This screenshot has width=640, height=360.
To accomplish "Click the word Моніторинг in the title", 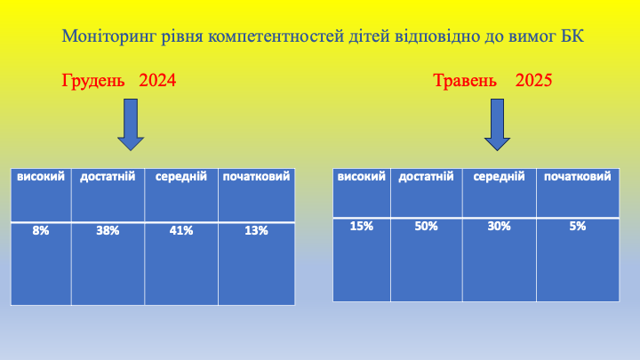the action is tap(109, 36).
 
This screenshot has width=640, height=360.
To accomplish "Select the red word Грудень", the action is tap(93, 81).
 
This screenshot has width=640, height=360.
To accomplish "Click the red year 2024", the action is tap(157, 80).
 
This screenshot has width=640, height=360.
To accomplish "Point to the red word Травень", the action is tap(465, 81).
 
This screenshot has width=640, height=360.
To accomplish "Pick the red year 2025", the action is tap(533, 80).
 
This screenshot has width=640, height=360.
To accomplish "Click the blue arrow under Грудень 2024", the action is tap(131, 124).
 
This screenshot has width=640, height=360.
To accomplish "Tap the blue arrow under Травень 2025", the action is tap(497, 124).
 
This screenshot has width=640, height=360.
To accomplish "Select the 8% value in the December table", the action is tap(41, 230).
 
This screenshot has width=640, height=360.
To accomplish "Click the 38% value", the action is tap(108, 230).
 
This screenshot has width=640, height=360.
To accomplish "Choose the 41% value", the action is tap(181, 230).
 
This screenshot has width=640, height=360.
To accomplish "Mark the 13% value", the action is tap(256, 230).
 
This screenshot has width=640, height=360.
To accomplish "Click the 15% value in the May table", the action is tap(362, 226).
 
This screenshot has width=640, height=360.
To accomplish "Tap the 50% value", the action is tap(426, 226).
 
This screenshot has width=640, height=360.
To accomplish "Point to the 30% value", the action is tap(500, 226).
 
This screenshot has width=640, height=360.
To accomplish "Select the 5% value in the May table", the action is tap(578, 226).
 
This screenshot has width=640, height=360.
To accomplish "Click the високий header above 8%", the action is tap(41, 176).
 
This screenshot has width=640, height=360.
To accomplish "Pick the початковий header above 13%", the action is tap(256, 176).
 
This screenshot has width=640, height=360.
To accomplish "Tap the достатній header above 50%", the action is tap(426, 176).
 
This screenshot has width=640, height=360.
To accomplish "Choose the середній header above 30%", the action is tap(500, 177).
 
